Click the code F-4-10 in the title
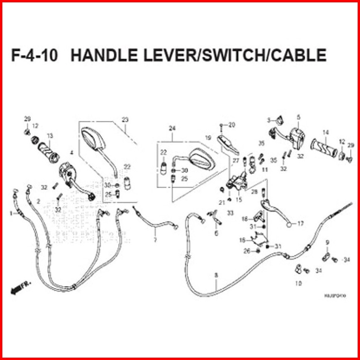34,55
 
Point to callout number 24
172,128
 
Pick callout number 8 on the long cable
216,275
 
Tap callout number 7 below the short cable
155,240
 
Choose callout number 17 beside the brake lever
300,224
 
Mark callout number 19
207,138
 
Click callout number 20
232,125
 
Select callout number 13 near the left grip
49,136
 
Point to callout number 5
298,117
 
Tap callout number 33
230,214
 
